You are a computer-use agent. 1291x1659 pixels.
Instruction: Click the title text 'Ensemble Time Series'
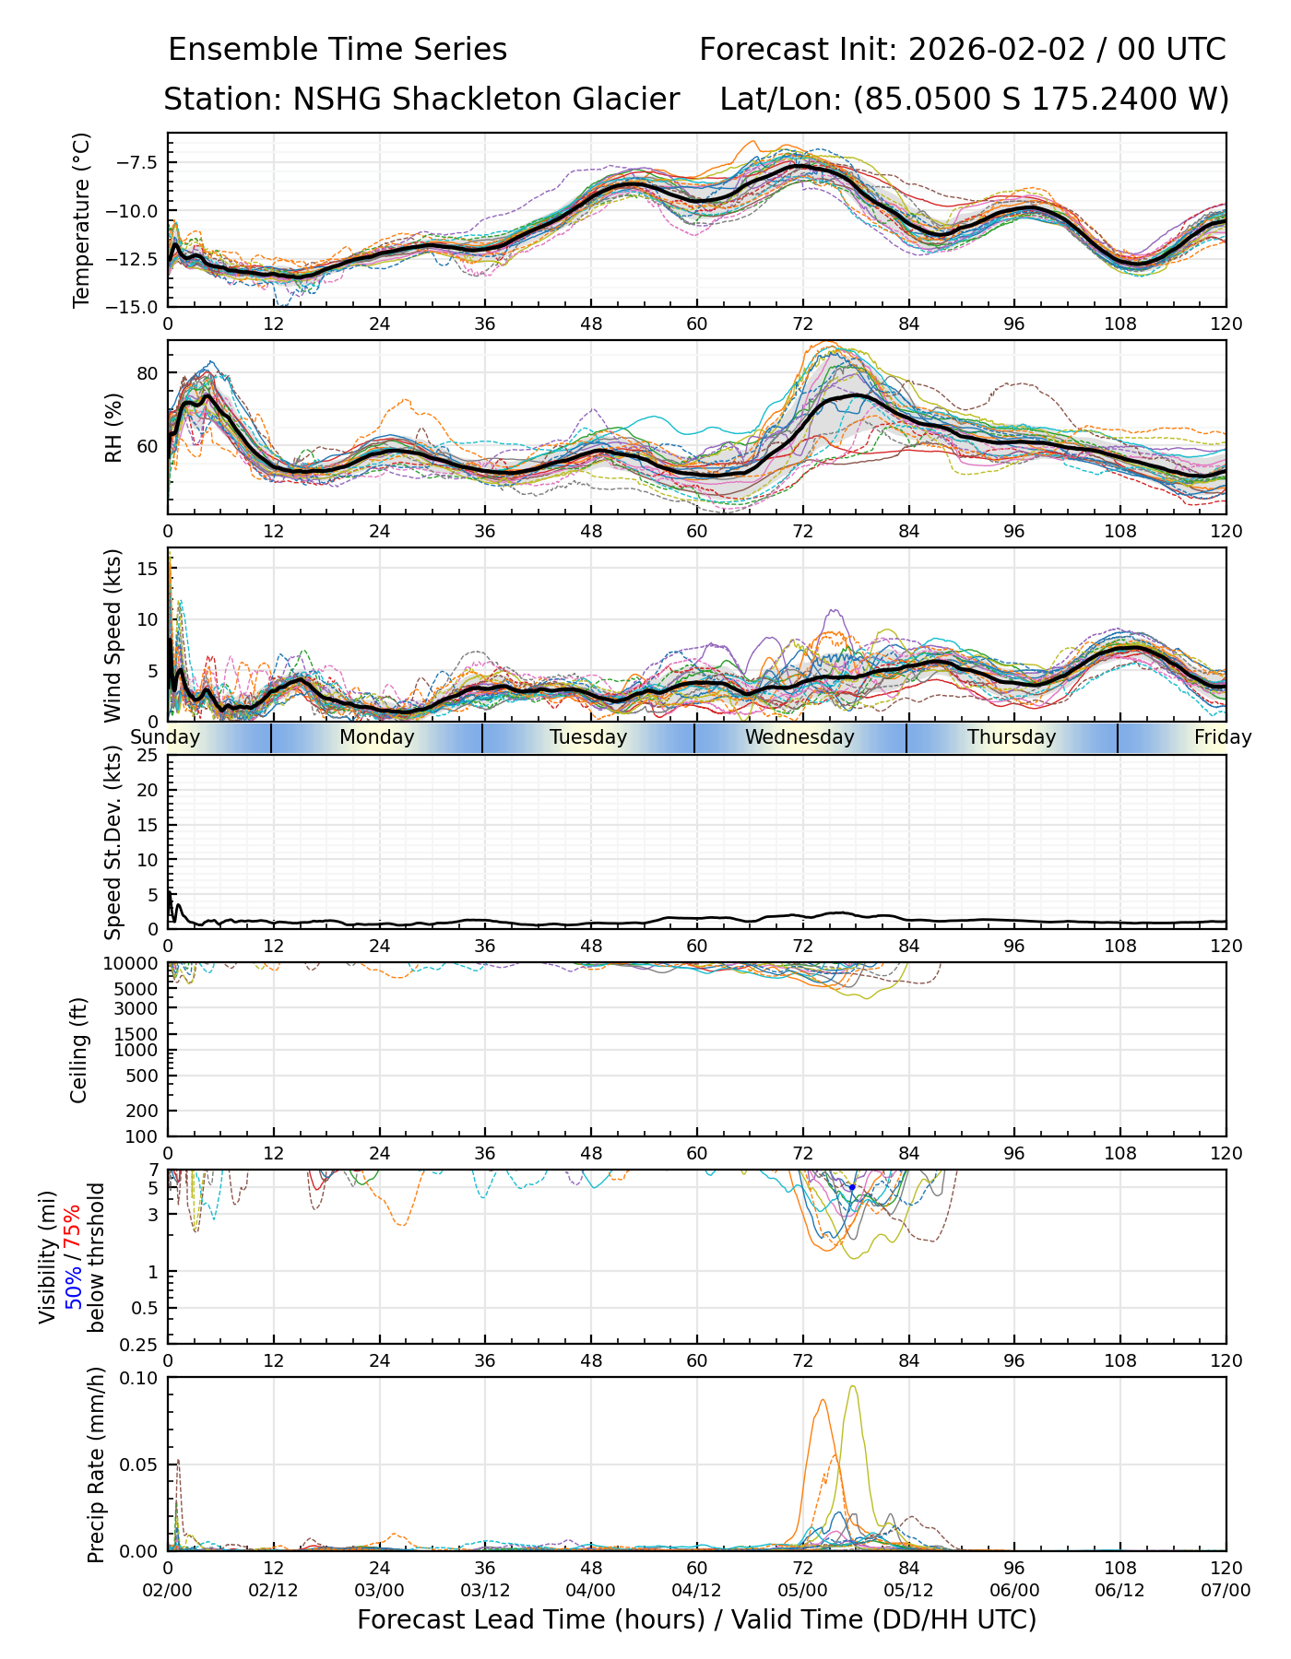pos(338,50)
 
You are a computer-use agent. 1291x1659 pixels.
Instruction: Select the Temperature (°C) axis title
pos(82,219)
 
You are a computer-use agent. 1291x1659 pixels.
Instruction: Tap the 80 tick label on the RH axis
pos(148,373)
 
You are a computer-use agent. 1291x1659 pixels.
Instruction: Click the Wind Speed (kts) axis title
pos(113,635)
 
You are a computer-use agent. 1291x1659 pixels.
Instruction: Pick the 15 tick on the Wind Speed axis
pos(150,568)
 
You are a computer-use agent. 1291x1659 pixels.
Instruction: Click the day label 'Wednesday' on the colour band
pos(799,737)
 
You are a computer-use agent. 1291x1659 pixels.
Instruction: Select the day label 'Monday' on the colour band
pos(376,737)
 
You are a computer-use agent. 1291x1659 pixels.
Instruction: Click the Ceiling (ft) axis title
pos(80,1050)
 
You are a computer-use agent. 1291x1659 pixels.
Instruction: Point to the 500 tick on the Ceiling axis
pos(144,1076)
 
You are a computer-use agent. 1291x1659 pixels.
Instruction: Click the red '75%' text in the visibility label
pos(72,1230)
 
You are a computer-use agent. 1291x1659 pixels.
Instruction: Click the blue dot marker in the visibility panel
pos(852,1188)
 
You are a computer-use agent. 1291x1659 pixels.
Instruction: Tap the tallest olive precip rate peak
pos(852,1387)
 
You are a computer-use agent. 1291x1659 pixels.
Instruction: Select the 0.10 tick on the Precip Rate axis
pos(141,1378)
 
